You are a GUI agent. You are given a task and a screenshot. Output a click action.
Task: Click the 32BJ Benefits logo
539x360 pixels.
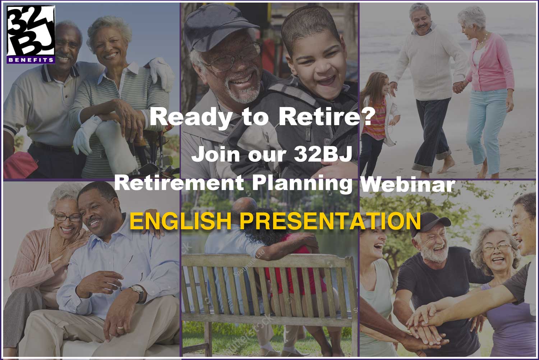point(31,34)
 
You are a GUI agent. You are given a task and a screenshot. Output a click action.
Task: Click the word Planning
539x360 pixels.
point(302,184)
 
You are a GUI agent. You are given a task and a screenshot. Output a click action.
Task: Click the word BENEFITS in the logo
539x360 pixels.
point(31,60)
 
